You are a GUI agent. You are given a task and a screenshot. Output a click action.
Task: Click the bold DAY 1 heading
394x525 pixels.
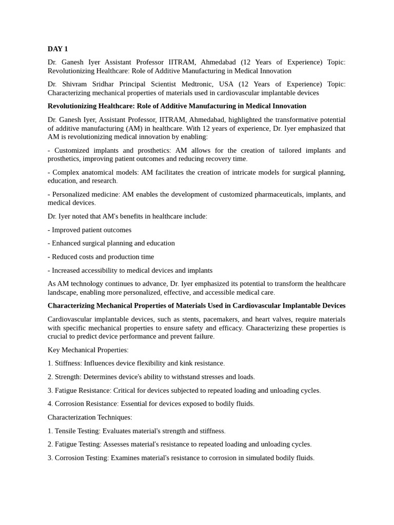coord(57,49)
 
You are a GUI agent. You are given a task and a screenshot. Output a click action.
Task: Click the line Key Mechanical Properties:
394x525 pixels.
coord(88,350)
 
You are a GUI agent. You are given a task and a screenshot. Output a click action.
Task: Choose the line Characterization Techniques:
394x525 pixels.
coord(90,417)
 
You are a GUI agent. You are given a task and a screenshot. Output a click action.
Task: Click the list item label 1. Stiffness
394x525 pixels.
coord(65,363)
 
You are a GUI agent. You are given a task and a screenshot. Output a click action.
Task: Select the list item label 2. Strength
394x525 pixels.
coord(65,377)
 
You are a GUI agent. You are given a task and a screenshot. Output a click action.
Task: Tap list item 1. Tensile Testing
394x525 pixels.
coord(74,431)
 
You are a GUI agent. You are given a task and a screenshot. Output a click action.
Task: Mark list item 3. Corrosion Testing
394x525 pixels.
coord(78,458)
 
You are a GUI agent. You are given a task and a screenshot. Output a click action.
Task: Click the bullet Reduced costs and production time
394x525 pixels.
coord(101,256)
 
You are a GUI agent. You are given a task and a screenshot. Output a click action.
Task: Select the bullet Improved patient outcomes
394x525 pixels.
coord(89,230)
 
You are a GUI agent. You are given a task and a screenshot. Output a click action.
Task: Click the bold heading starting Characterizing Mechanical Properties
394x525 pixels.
coord(196,306)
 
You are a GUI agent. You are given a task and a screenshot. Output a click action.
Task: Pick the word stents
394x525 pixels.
coord(189,319)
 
